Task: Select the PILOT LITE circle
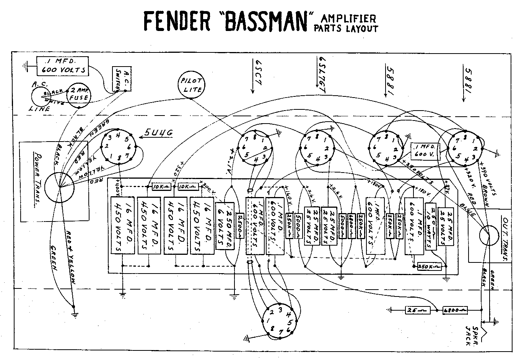pyautogui.click(x=191, y=84)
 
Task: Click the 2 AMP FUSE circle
pyautogui.click(x=79, y=94)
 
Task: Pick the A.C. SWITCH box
pyautogui.click(x=122, y=79)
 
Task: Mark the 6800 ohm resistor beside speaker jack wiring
pyautogui.click(x=455, y=310)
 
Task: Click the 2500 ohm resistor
pyautogui.click(x=240, y=226)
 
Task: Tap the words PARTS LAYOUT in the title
pyautogui.click(x=345, y=28)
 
